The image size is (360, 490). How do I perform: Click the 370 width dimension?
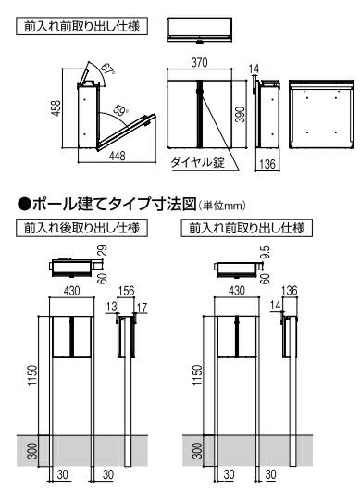click(199, 62)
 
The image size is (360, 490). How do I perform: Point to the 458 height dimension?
click(56, 108)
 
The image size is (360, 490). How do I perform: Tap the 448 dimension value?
click(118, 156)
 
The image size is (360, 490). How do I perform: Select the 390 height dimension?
click(240, 114)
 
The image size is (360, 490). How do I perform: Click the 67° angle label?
click(107, 69)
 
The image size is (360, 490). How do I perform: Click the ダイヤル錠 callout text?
click(198, 162)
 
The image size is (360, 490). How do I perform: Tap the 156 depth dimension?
click(126, 291)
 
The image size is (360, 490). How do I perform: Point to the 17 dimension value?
click(142, 308)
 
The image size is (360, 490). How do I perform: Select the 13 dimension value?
click(111, 307)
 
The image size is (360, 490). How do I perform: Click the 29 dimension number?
click(103, 251)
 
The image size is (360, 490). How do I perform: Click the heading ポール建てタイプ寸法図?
click(114, 204)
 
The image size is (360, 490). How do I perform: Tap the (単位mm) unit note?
click(222, 206)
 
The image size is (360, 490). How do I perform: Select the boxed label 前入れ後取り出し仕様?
click(81, 228)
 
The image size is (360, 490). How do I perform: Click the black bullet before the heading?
click(25, 205)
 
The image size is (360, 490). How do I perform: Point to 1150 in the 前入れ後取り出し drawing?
click(32, 375)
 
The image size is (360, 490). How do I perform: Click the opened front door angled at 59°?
click(126, 132)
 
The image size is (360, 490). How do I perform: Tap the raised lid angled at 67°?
click(84, 74)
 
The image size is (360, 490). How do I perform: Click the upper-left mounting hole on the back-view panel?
click(307, 98)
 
